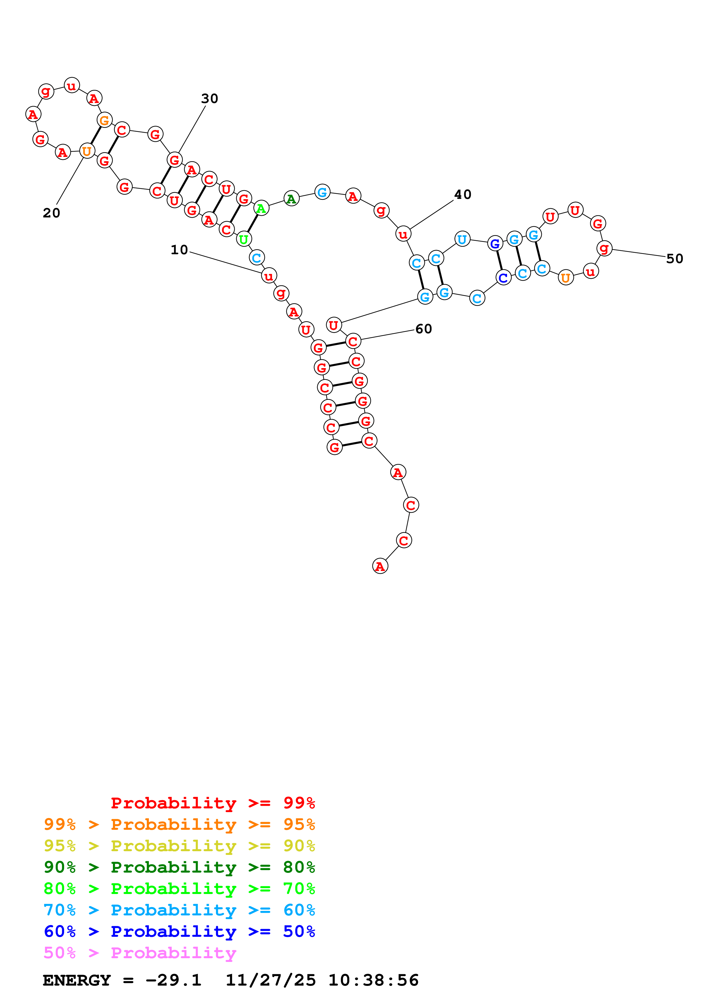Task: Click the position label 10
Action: click(179, 250)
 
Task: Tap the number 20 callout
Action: click(51, 213)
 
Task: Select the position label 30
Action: click(210, 98)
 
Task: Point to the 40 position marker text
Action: click(463, 194)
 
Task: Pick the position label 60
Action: click(424, 329)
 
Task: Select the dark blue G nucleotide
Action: click(495, 243)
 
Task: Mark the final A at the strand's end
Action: click(380, 566)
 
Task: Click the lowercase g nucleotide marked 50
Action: click(604, 249)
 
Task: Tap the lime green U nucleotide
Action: click(244, 239)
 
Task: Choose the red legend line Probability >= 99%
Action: click(212, 803)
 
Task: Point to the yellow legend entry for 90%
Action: click(179, 846)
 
